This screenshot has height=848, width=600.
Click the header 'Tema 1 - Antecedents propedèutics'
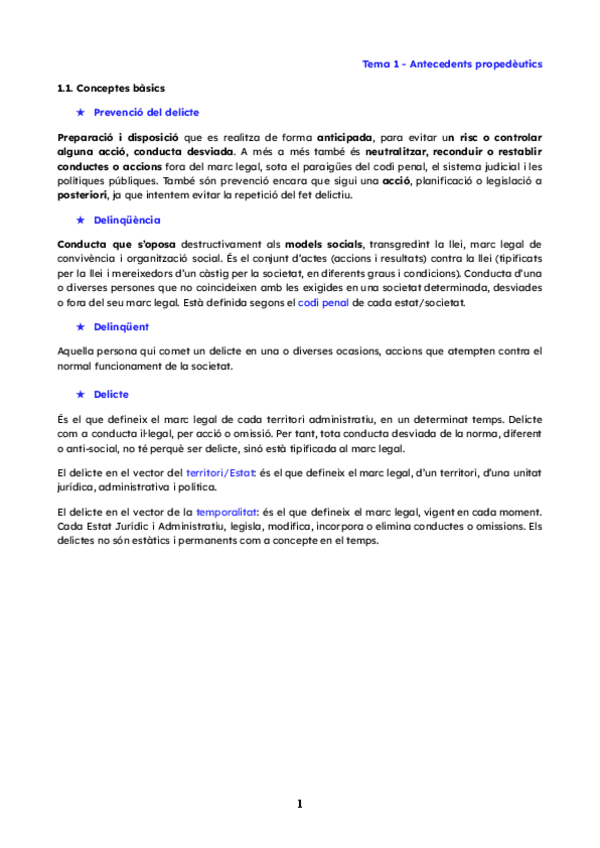pos(452,63)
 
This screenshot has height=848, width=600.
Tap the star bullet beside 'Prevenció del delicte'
pos(81,113)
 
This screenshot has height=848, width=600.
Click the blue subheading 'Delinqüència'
pos(127,220)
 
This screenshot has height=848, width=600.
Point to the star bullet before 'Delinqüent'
pos(81,326)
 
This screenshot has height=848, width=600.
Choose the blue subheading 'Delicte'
pos(111,394)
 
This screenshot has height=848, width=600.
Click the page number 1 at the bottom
pos(299,804)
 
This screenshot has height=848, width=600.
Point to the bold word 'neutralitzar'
pos(373,152)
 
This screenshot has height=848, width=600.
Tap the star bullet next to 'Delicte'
pos(81,394)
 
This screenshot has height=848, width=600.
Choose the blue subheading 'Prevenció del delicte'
pos(146,113)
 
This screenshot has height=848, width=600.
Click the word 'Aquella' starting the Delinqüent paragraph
pos(77,351)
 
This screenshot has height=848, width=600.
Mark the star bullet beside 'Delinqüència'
pos(81,220)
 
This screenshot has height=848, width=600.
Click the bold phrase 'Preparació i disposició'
pos(118,137)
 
